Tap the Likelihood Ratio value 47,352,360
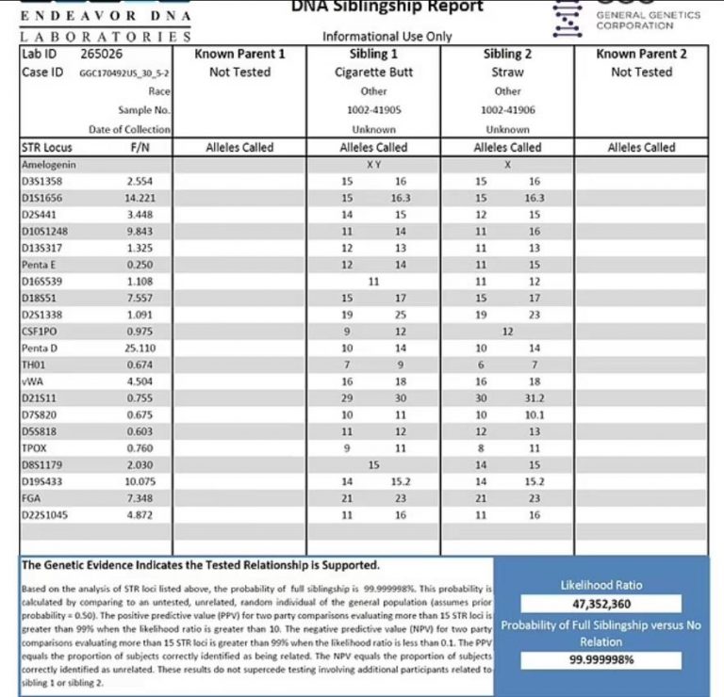(x=601, y=604)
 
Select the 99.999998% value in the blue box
(x=601, y=659)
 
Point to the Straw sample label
(x=507, y=73)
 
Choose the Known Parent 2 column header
(x=641, y=54)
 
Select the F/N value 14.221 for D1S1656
(x=140, y=198)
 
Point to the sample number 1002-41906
(x=507, y=110)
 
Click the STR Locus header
(x=46, y=147)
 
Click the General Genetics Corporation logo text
(x=648, y=20)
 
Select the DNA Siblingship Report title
(x=387, y=7)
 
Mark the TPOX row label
(x=35, y=448)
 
